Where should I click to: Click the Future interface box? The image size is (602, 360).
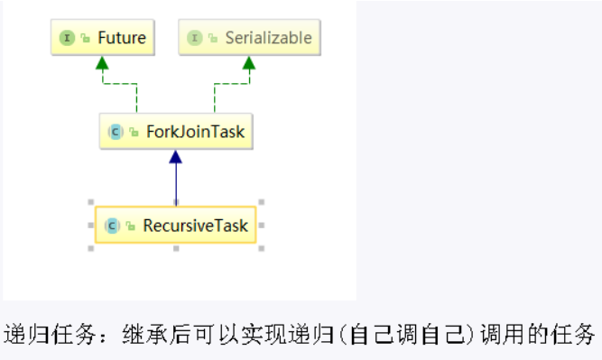[x=102, y=38]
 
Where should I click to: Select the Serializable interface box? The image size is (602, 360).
[x=249, y=38]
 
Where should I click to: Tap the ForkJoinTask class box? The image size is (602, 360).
[x=174, y=133]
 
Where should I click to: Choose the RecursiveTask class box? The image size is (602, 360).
[x=175, y=226]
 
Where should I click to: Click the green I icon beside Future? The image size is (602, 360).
[x=66, y=38]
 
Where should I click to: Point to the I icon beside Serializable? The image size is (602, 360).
[x=193, y=38]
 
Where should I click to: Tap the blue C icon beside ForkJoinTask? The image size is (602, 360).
[x=115, y=133]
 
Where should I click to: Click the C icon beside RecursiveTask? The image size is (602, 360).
[x=112, y=226]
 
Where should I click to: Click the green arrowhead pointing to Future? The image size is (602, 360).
[x=102, y=63]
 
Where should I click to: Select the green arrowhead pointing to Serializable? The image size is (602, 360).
[x=249, y=63]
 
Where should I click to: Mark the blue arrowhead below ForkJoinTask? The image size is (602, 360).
[x=175, y=157]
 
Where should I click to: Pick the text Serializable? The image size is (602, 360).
[x=268, y=38]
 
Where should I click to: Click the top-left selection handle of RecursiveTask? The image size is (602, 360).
[x=90, y=202]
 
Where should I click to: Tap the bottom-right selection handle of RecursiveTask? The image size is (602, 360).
[x=261, y=248]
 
